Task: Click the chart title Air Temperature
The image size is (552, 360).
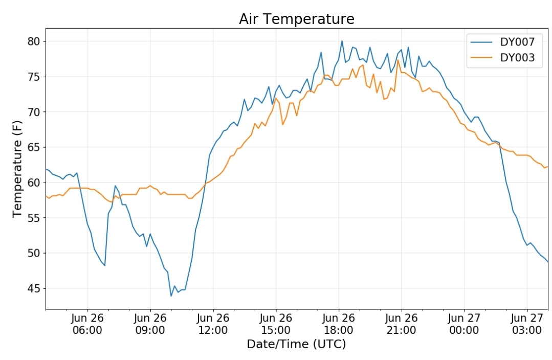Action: coord(296,19)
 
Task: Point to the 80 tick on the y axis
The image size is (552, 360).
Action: coord(34,41)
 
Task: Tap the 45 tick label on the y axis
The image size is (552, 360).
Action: coord(34,288)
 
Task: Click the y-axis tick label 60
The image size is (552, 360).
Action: coord(34,183)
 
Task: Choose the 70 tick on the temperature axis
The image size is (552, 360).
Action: coord(34,112)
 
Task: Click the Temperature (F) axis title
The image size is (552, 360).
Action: coord(17,169)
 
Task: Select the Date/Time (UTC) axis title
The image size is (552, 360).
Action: coord(296,344)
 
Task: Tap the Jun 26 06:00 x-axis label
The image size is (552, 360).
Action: coord(87,324)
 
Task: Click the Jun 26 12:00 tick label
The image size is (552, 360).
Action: coord(213,324)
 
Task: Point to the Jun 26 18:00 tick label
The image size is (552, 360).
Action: coord(339,324)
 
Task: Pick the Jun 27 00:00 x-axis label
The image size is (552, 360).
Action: coord(464,324)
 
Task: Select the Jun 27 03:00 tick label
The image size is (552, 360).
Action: coord(527,324)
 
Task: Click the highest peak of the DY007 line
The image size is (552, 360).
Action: coord(341,41)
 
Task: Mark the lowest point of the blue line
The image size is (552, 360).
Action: coord(171,296)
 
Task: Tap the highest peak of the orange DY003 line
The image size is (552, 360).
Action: coord(398,60)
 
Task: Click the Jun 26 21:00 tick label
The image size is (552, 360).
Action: coord(401,324)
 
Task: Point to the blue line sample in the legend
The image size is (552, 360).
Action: coord(481,42)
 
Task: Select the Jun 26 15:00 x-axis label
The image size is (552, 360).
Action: coord(276,324)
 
